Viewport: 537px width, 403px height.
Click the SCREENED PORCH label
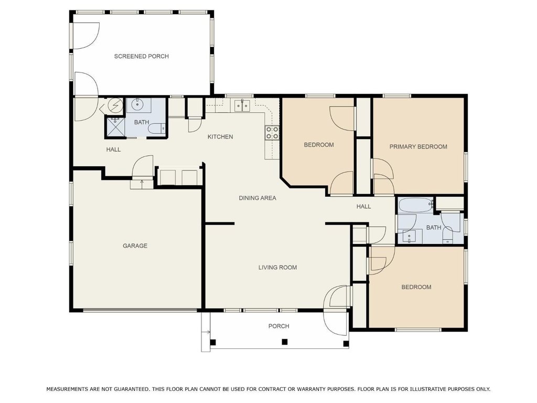point(142,56)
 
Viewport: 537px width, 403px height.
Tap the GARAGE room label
point(135,246)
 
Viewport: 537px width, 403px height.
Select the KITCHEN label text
point(220,137)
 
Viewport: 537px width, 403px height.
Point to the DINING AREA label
point(257,198)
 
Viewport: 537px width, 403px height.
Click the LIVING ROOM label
point(277,267)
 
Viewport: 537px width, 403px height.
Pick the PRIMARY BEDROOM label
point(418,147)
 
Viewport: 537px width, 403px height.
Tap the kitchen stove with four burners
point(272,133)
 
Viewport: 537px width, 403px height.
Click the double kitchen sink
point(242,105)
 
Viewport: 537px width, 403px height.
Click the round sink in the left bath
point(138,105)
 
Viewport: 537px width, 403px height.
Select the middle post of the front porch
point(284,342)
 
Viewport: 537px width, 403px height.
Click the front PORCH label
point(279,326)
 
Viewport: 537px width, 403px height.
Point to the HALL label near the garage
point(113,150)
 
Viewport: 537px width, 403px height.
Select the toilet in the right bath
point(448,237)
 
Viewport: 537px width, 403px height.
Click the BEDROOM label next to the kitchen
point(319,145)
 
